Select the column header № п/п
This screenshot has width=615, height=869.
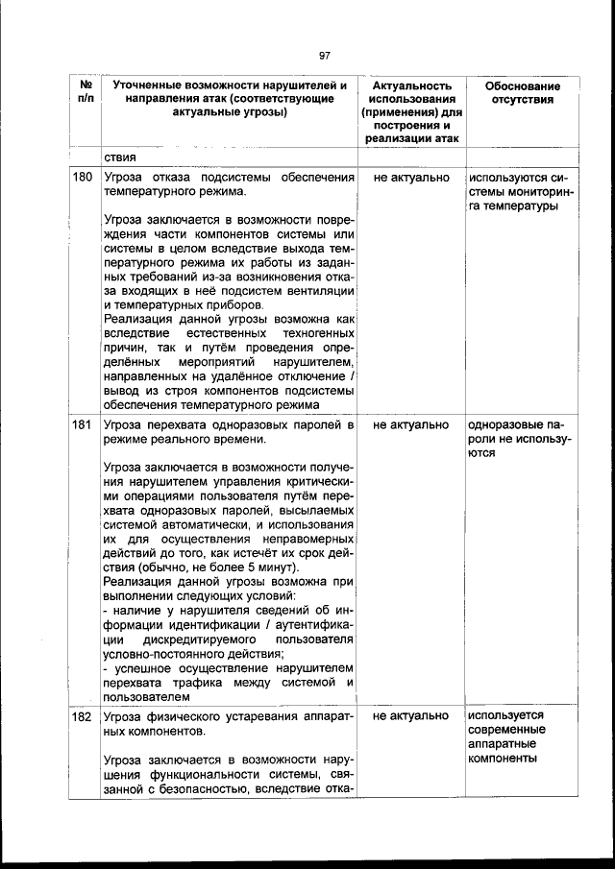(x=84, y=93)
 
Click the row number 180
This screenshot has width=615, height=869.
(x=84, y=179)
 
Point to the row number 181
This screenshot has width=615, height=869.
(x=84, y=424)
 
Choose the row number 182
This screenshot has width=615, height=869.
(x=84, y=716)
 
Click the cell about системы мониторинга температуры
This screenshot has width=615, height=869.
(x=522, y=192)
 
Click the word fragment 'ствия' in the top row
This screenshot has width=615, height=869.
(x=120, y=157)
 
